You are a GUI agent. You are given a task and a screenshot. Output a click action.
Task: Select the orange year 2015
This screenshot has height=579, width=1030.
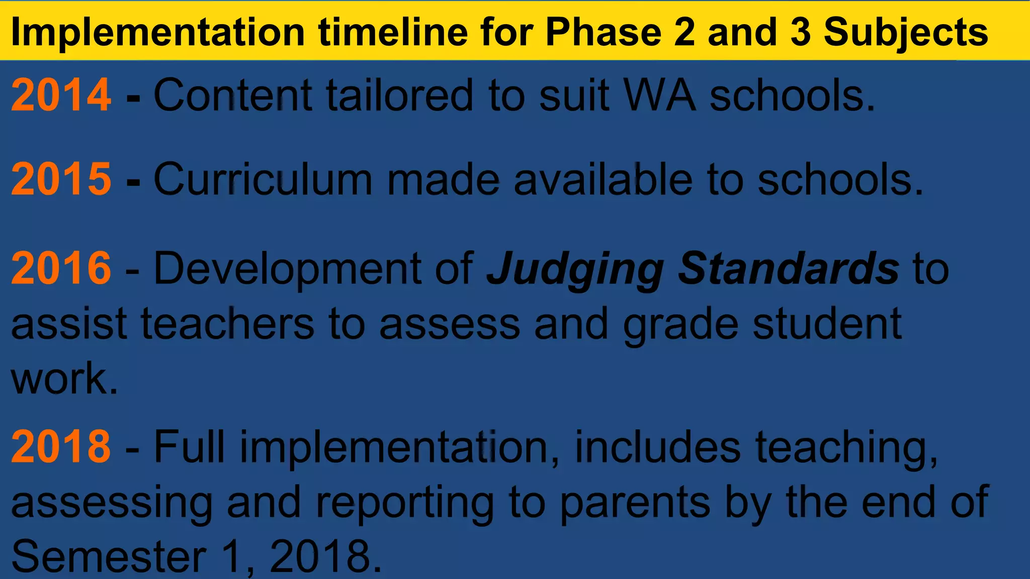pos(61,179)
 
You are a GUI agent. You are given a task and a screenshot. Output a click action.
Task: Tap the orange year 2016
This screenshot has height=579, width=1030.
pos(61,268)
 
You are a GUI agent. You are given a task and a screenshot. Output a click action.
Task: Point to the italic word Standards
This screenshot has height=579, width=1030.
pos(788,268)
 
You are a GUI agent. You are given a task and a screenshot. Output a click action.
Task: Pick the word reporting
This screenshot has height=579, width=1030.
pos(405,503)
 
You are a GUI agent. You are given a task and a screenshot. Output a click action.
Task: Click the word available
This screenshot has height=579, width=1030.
pos(603,179)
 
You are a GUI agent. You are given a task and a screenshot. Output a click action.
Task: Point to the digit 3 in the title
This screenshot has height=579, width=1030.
pos(801,32)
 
